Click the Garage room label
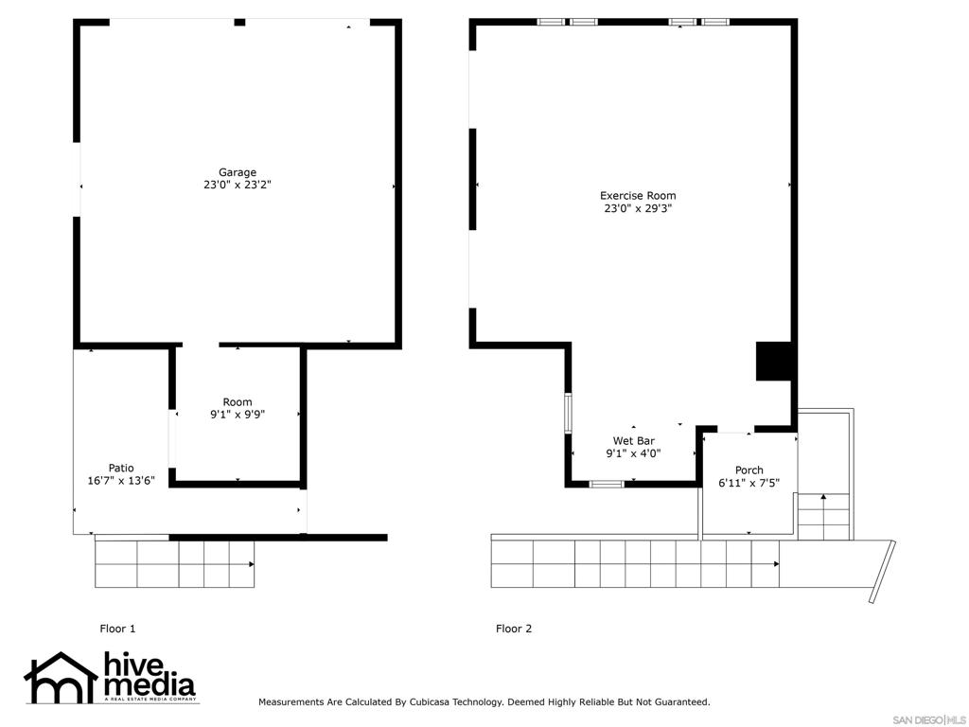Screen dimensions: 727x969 click(x=238, y=172)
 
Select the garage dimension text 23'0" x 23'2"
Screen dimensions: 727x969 click(x=238, y=186)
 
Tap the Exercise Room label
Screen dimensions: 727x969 click(x=638, y=196)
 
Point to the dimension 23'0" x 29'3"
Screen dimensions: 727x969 click(x=638, y=208)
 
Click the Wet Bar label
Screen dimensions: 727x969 click(x=633, y=441)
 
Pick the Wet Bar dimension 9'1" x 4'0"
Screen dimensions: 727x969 click(x=633, y=453)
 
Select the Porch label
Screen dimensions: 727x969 click(x=749, y=470)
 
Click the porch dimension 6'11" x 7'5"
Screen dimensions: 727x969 click(x=749, y=483)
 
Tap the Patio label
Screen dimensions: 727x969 click(x=121, y=468)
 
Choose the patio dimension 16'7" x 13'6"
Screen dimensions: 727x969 click(x=121, y=480)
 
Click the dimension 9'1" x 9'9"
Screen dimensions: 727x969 click(x=238, y=415)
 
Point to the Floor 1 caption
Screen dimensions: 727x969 click(x=118, y=629)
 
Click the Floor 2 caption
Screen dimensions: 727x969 click(x=514, y=629)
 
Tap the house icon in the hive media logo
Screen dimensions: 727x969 click(x=61, y=678)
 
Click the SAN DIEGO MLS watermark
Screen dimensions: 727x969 click(x=929, y=718)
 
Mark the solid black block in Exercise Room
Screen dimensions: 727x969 click(x=773, y=361)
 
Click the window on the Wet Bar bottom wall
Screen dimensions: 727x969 click(x=606, y=484)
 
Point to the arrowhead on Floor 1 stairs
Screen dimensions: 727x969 click(x=251, y=564)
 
